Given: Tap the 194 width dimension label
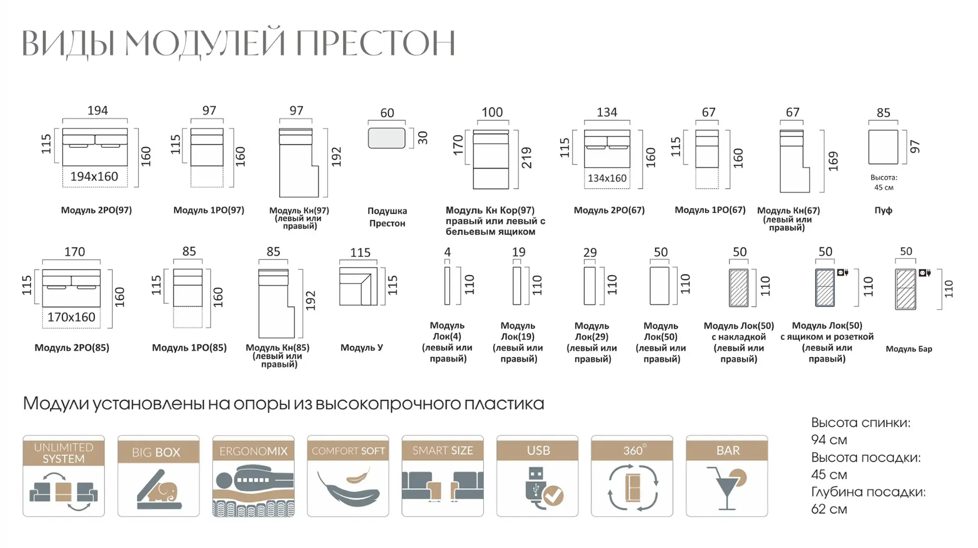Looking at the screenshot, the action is tap(97, 111).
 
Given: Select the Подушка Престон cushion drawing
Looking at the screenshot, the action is tap(387, 138).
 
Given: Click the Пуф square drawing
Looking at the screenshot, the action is tap(883, 147).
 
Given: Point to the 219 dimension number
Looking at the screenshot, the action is tap(527, 158).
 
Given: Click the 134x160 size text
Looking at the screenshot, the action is tap(607, 178).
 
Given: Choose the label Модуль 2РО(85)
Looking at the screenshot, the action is tap(72, 348).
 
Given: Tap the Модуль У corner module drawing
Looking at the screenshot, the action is tap(359, 286).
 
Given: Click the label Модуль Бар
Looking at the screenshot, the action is tap(909, 349).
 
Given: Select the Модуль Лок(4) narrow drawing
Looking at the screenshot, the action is tap(447, 286).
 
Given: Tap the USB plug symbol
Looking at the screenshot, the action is tap(535, 489).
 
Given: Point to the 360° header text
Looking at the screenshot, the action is tap(635, 450).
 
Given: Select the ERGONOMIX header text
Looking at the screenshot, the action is tap(253, 451).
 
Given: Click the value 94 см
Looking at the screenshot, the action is tap(829, 439).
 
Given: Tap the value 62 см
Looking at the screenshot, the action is tap(829, 509).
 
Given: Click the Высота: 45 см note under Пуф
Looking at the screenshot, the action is tap(884, 182).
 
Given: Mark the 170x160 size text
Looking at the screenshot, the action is tap(71, 317).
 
